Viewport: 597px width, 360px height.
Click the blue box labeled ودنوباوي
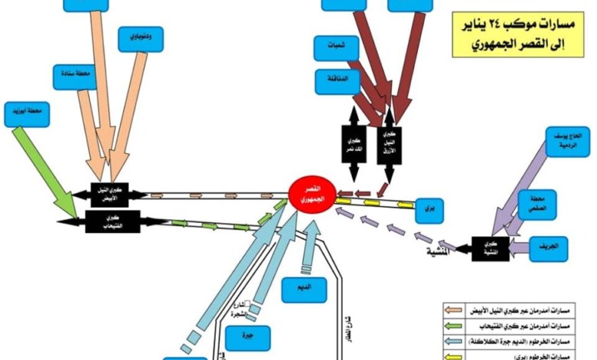pyautogui.click(x=141, y=39)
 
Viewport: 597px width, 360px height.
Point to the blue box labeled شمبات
pyautogui.click(x=337, y=48)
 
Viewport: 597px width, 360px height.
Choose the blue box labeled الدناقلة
pyautogui.click(x=337, y=80)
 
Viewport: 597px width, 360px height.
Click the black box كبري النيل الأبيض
pyautogui.click(x=109, y=194)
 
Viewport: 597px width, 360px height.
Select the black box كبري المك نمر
pyautogui.click(x=354, y=142)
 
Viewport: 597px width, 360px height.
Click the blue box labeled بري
pyautogui.click(x=429, y=209)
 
